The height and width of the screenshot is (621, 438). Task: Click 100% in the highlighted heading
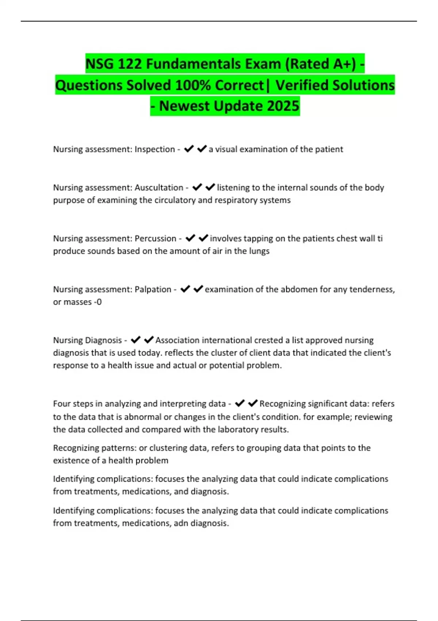pos(193,85)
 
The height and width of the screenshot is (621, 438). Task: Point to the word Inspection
pos(155,149)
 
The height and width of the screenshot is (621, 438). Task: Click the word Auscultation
pos(159,187)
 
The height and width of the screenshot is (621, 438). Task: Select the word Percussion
pos(155,238)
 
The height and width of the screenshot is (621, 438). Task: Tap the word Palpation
pos(153,289)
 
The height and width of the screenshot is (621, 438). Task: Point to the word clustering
pos(166,448)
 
